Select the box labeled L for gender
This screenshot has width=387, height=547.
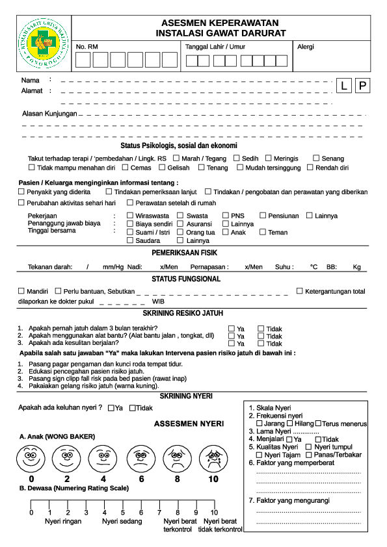(x=344, y=86)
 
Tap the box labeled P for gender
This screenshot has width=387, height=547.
(x=362, y=86)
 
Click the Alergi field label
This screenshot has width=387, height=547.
(x=305, y=47)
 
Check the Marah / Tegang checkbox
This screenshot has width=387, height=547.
(x=177, y=158)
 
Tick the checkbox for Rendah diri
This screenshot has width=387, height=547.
(x=310, y=167)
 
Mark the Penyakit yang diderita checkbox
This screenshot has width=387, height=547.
(x=21, y=192)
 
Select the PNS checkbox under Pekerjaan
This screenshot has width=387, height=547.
(x=226, y=215)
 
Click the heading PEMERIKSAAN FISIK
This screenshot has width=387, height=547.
(x=193, y=253)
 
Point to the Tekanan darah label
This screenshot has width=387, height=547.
(x=49, y=267)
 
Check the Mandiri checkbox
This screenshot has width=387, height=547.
(x=21, y=290)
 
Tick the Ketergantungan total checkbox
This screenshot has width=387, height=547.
(x=300, y=291)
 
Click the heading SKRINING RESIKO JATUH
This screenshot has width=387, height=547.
(x=193, y=313)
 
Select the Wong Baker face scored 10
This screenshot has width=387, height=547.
(x=213, y=459)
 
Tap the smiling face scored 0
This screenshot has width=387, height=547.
(x=31, y=459)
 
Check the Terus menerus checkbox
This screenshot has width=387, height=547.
(x=318, y=424)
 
